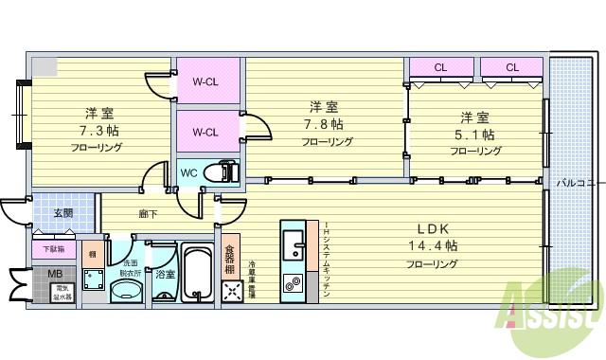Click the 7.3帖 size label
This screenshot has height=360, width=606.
tap(99, 129)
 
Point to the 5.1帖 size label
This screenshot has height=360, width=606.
tap(474, 134)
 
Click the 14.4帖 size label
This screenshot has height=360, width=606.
tap(433, 245)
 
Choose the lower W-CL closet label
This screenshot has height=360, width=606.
tap(206, 133)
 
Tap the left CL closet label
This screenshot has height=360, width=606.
tap(440, 67)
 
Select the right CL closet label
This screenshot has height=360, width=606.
tap(511, 67)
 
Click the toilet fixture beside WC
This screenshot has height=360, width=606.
tap(226, 172)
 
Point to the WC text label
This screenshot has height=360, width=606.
tap(188, 172)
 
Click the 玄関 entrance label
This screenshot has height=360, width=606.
tap(63, 212)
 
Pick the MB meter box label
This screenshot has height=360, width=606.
tap(54, 274)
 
